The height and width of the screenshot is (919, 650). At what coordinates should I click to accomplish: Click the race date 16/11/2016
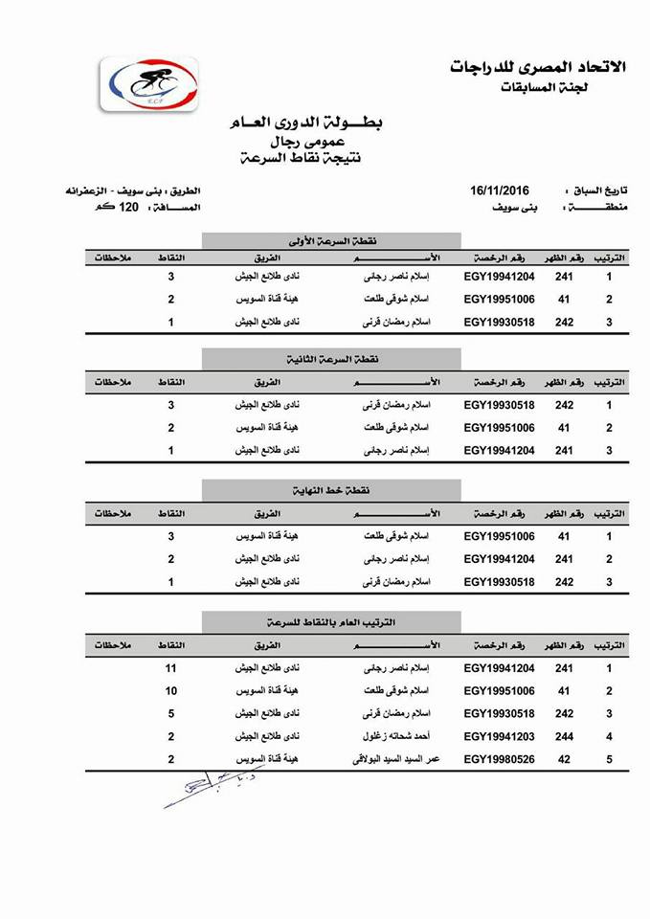pos(499,191)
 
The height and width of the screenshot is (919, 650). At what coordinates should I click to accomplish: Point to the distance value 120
pos(129,207)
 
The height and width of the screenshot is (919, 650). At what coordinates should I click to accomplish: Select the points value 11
pos(172,668)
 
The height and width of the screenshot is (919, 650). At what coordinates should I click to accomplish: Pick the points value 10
pos(172,691)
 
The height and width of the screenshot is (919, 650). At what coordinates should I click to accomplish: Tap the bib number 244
pos(564,737)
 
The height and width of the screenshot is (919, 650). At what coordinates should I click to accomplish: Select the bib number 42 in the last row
pos(564,760)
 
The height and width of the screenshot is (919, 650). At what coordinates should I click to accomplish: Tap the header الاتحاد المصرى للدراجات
pos(537,66)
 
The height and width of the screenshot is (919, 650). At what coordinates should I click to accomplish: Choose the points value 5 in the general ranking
pos(171,714)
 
